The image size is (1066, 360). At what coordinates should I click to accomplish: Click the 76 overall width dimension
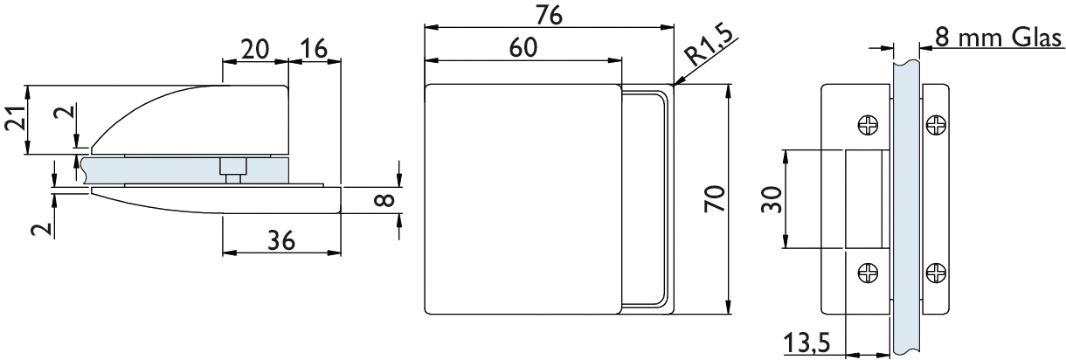[x=549, y=15]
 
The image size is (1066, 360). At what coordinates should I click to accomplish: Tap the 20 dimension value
[x=253, y=49]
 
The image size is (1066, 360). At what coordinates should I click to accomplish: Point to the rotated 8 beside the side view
[x=383, y=201]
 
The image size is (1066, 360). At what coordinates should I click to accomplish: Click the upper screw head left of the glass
[x=869, y=127]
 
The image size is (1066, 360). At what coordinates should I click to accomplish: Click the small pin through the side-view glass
[x=233, y=169]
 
